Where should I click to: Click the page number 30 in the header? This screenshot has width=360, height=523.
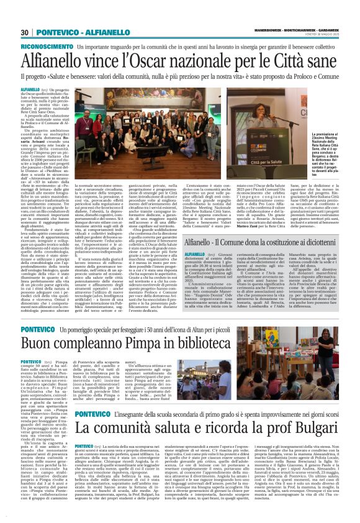tap(25, 32)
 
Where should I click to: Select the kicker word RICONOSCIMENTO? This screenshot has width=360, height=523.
tap(44, 47)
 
